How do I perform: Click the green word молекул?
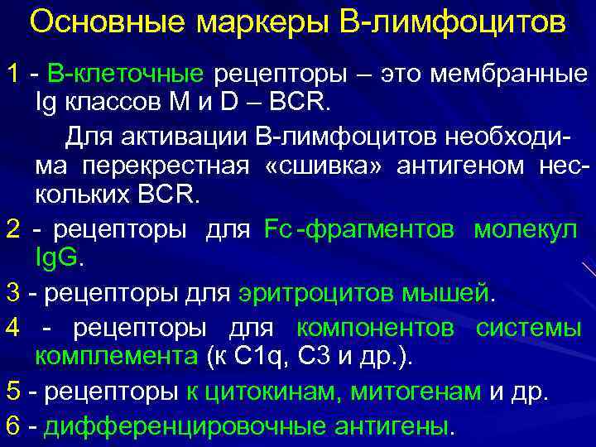click(526, 229)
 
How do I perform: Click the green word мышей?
click(451, 293)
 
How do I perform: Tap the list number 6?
click(12, 425)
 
